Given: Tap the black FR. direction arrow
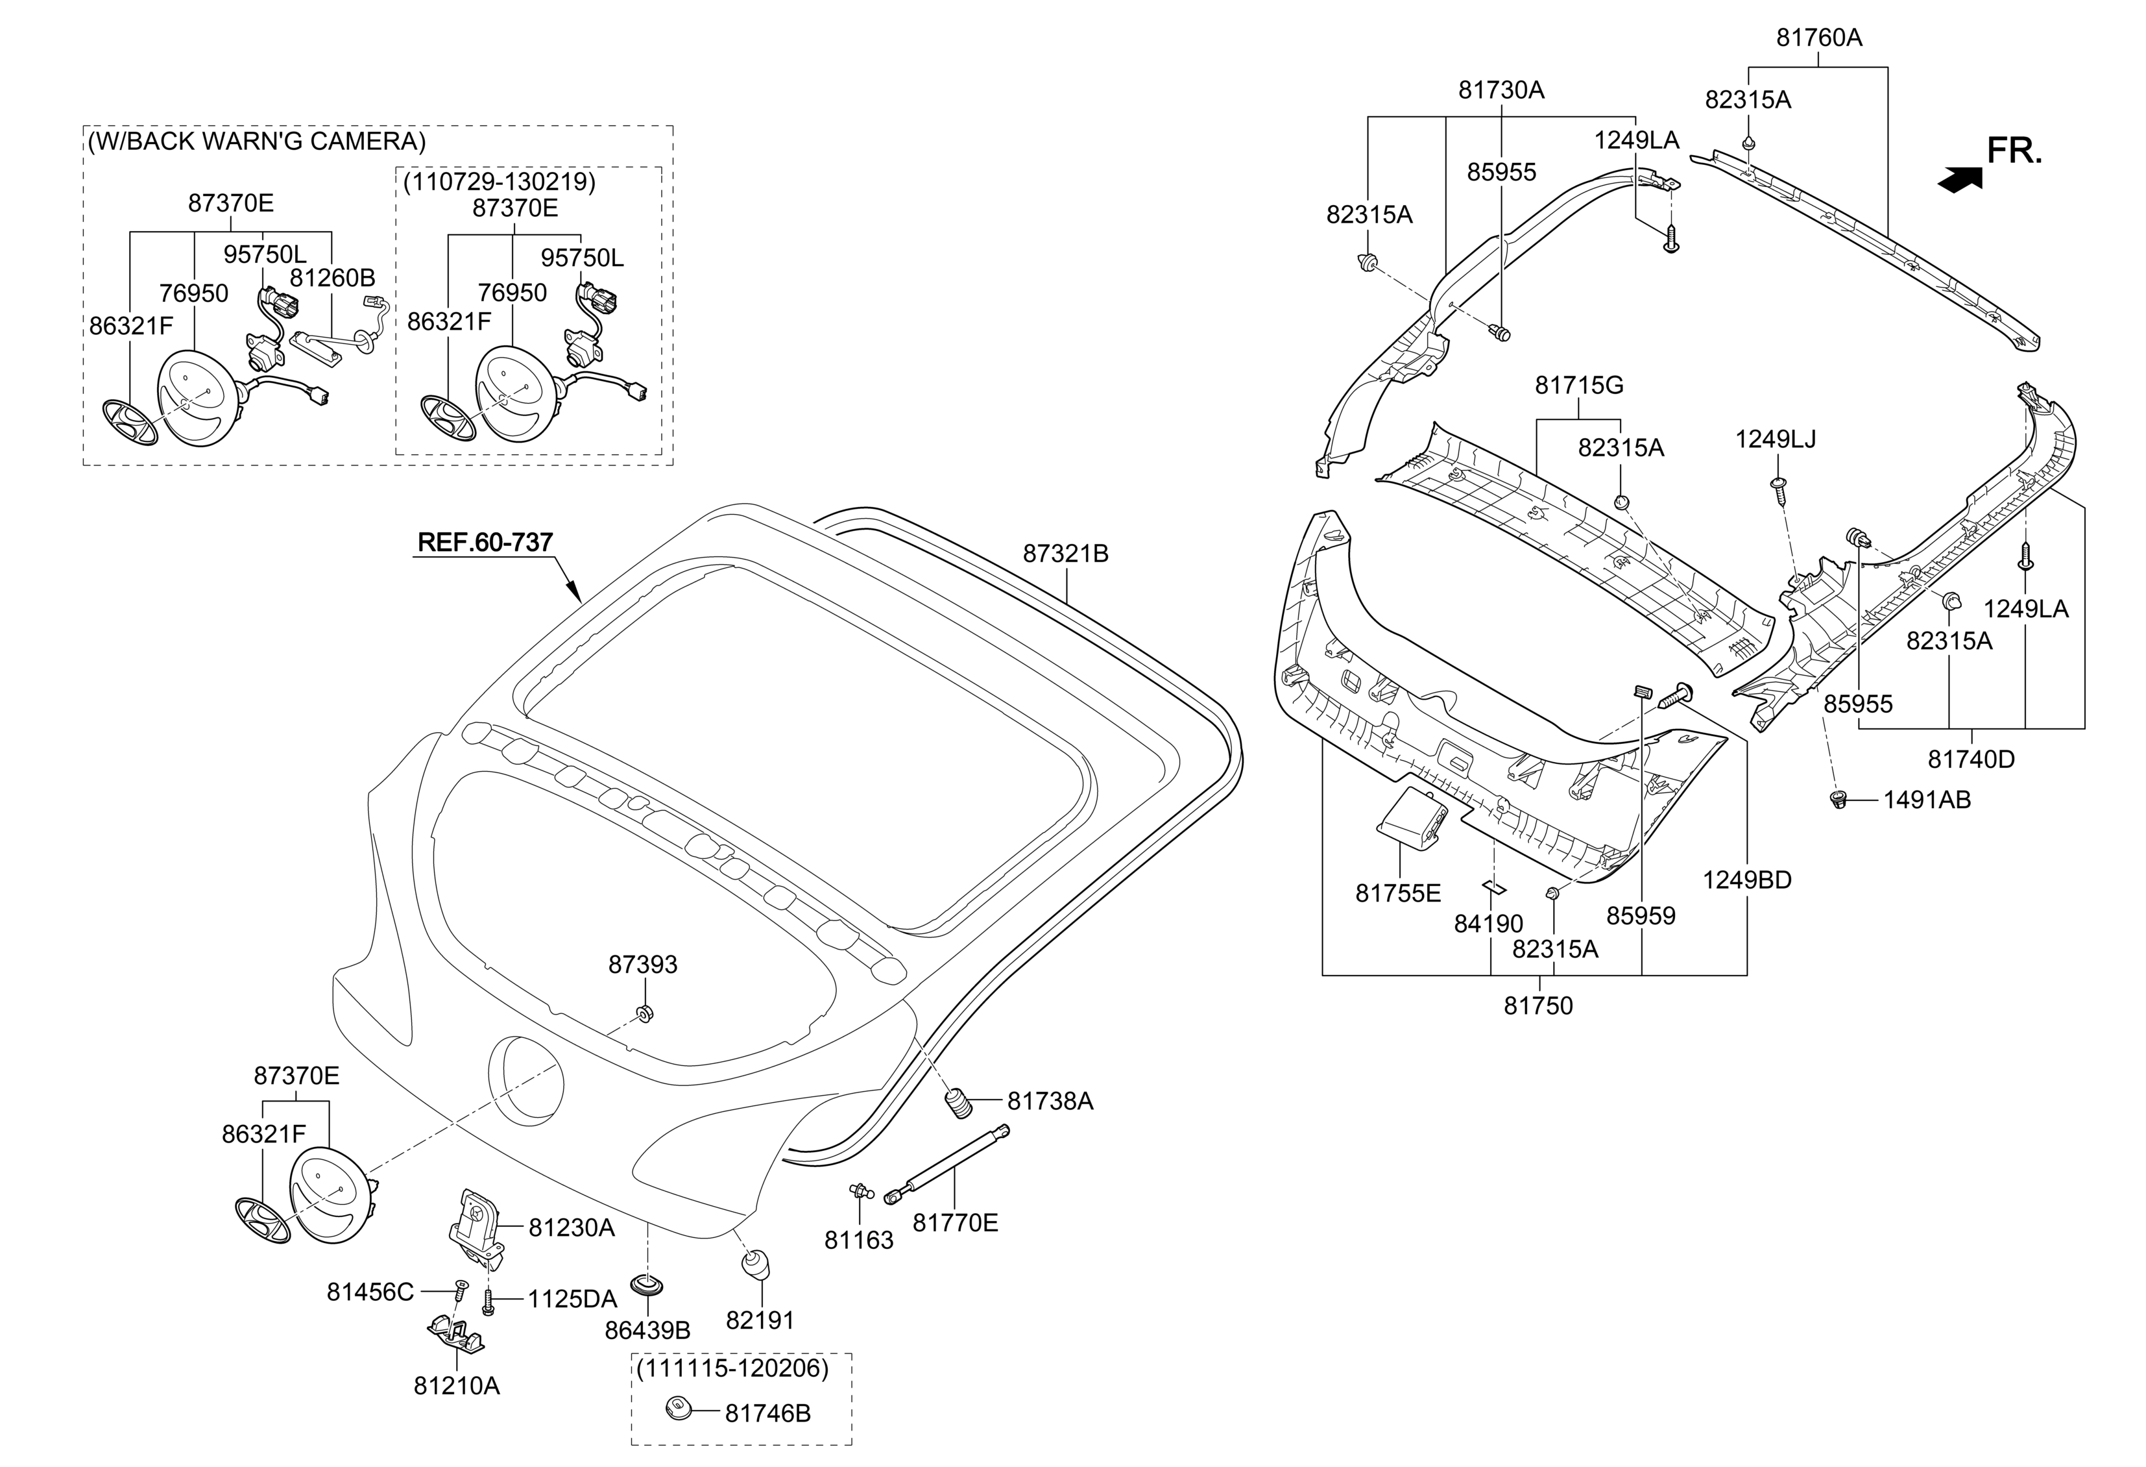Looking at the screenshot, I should tap(1959, 179).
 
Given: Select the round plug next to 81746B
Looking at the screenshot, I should tap(679, 1409).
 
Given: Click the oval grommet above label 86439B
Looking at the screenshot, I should tap(646, 1286).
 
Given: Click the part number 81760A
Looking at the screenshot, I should tap(1819, 38).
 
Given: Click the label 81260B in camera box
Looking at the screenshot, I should tap(332, 277).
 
